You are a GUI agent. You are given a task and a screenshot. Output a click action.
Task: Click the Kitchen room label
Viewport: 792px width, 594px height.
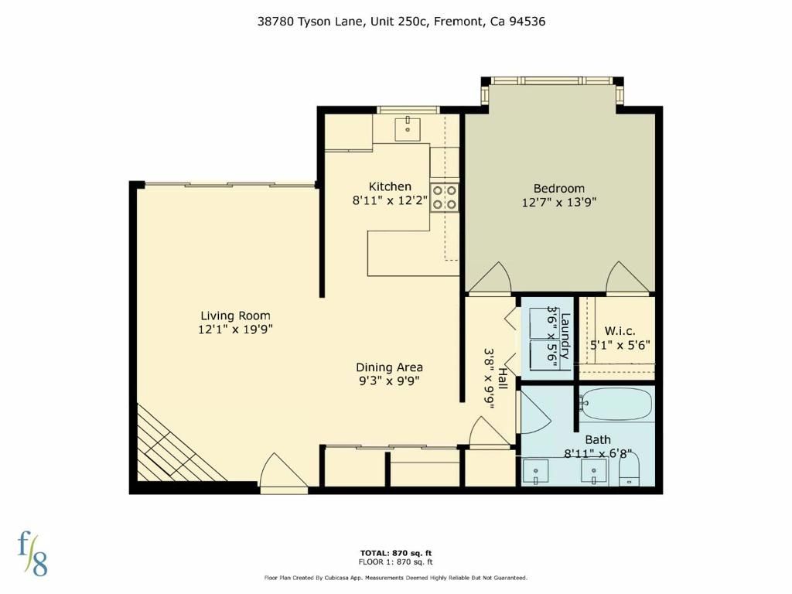point(390,186)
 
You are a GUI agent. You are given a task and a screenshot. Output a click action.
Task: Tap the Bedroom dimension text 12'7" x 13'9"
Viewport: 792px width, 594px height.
point(558,203)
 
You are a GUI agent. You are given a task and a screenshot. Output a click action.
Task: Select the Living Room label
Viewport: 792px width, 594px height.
point(235,316)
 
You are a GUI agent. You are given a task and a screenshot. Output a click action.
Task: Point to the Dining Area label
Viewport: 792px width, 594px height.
point(389,367)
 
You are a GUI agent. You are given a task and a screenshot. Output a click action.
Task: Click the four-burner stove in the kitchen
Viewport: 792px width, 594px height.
point(445,197)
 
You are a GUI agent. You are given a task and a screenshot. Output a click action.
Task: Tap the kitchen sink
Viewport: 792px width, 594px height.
point(408,128)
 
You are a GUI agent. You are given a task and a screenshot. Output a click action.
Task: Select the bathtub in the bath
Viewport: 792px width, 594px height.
point(616,404)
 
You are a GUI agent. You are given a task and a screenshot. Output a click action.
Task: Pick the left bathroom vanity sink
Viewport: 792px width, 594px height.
point(535,471)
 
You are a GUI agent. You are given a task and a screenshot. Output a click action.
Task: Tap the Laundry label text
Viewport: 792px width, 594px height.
point(565,336)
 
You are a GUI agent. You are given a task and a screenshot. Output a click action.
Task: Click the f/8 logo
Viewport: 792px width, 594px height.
point(32,552)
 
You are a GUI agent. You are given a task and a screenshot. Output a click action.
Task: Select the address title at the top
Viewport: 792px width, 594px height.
point(401,22)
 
